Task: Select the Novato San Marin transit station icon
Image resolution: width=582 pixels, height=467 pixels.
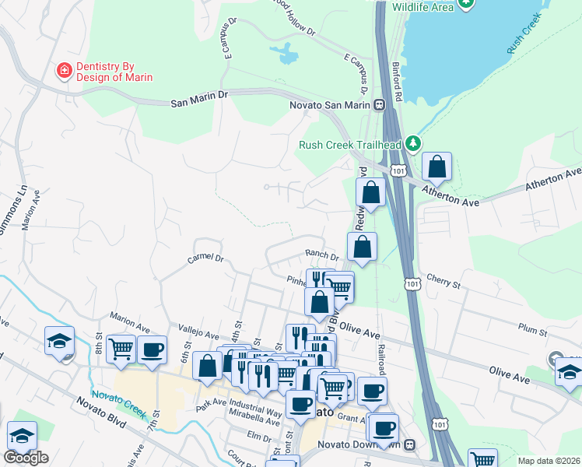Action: tap(379, 105)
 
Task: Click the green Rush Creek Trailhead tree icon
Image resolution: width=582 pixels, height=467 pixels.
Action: tap(415, 144)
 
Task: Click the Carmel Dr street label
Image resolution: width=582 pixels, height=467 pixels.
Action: tap(205, 258)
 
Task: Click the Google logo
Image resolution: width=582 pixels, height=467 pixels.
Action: tap(26, 458)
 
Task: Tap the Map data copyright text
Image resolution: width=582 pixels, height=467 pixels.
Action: tap(548, 461)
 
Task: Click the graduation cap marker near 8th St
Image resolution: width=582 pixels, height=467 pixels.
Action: tap(59, 341)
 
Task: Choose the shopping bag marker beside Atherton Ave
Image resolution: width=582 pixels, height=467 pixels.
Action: tap(436, 166)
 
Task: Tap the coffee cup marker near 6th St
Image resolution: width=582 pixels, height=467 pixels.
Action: tap(153, 349)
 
